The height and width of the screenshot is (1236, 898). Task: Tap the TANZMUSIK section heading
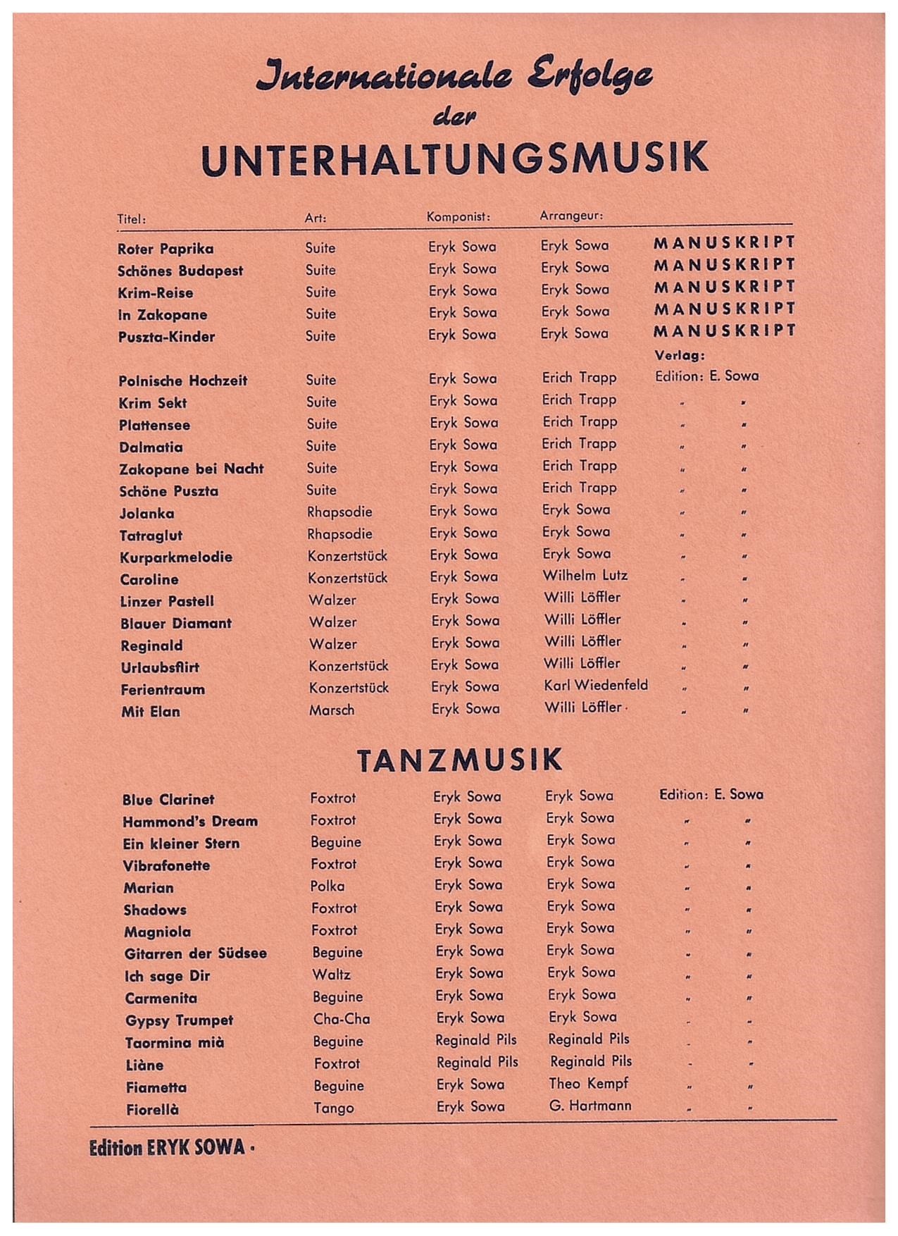[x=459, y=760]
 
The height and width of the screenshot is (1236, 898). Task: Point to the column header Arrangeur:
[x=571, y=216]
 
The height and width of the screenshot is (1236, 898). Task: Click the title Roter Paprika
[x=166, y=249]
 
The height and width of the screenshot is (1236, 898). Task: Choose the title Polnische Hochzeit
[x=183, y=381]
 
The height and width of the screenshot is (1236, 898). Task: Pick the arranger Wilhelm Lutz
[x=585, y=576]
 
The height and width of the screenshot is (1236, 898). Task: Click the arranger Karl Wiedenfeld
[x=596, y=685]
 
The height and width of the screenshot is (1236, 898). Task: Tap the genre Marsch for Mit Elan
[x=332, y=710]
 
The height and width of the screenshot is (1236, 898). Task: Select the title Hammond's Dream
[x=190, y=822]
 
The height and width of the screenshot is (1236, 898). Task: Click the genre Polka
[x=328, y=886]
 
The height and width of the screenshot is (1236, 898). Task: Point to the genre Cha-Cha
[x=342, y=1019]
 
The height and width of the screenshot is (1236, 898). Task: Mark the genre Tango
[x=334, y=1108]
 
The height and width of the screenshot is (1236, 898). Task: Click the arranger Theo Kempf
[x=588, y=1084]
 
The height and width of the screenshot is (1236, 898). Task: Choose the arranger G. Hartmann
[x=590, y=1106]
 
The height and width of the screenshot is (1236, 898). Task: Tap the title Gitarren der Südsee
[x=195, y=953]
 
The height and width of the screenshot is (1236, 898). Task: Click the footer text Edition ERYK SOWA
[x=168, y=1148]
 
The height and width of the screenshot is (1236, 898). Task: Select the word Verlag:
[x=680, y=356]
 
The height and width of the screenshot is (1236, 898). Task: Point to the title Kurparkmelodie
[x=176, y=557]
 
